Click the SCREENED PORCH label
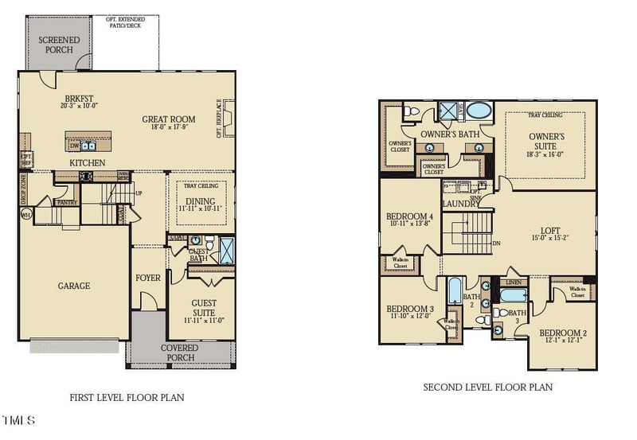55,44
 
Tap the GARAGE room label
74,286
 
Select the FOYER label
148,278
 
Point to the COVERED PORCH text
179,353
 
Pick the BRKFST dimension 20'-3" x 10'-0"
78,106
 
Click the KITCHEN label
88,162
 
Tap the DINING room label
200,201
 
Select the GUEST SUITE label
203,308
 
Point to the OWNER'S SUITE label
546,141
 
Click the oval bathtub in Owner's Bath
479,110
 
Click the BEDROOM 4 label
409,216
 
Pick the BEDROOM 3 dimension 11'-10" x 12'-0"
408,315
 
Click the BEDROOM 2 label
563,333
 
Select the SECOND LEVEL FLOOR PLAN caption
487,387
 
